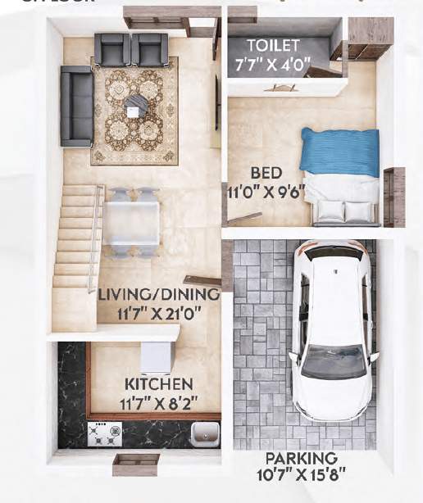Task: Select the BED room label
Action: (266, 173)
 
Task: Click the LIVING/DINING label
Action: (159, 294)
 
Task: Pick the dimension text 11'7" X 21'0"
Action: (160, 311)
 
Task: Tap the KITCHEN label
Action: (159, 384)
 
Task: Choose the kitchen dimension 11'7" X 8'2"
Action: (159, 401)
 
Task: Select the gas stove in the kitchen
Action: (105, 433)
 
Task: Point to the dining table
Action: (131, 221)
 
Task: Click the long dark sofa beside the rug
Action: (76, 106)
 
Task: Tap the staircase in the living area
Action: (75, 238)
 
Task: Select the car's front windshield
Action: (333, 361)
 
